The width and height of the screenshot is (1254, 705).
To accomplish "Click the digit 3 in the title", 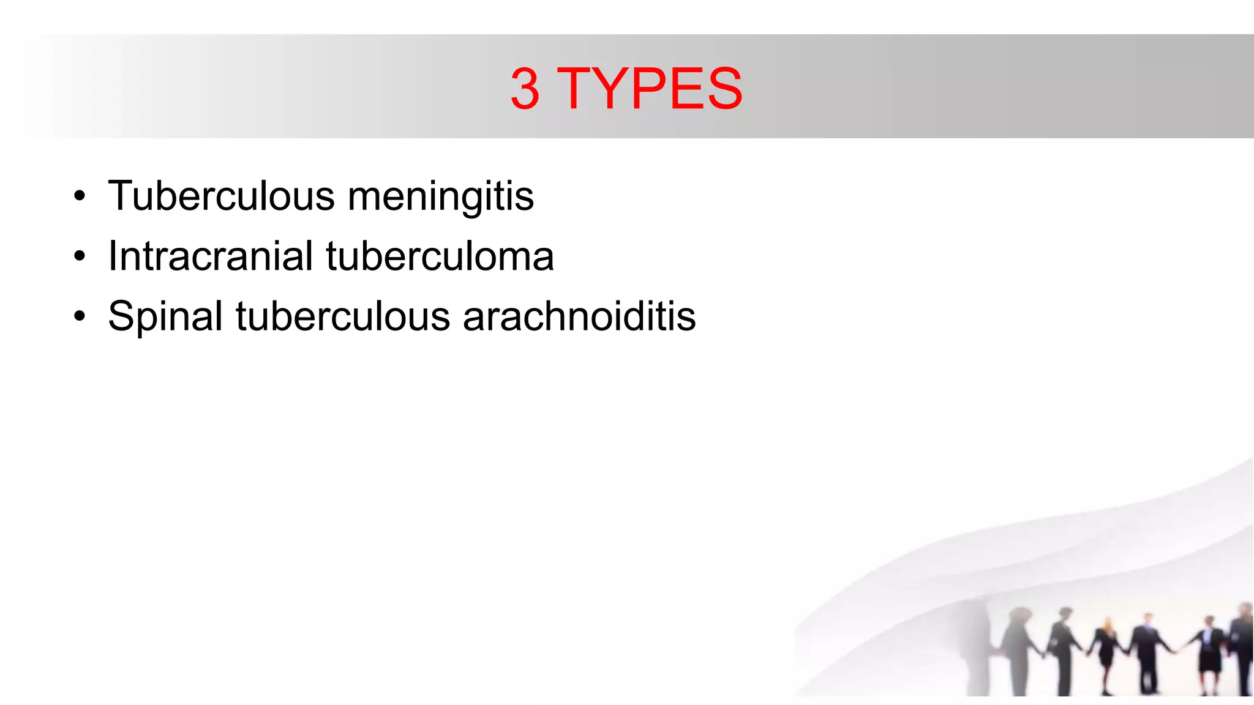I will point(525,89).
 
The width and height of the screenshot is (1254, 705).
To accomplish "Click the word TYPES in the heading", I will point(650,89).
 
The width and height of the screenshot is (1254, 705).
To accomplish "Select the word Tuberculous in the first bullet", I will point(221,196).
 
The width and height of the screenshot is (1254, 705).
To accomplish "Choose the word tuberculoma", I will point(440,256).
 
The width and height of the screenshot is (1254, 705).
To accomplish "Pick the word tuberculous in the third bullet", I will point(343,316).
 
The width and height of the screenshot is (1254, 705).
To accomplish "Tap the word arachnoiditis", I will point(579,316).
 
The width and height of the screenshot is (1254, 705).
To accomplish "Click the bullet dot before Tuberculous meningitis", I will point(79,197).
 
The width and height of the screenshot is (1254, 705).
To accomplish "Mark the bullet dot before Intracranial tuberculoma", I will point(79,256).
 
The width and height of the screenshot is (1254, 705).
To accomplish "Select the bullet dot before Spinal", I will point(79,316).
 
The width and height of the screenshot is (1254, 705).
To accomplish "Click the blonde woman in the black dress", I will point(1106,652).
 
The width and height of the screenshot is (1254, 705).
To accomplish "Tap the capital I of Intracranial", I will point(112,256).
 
